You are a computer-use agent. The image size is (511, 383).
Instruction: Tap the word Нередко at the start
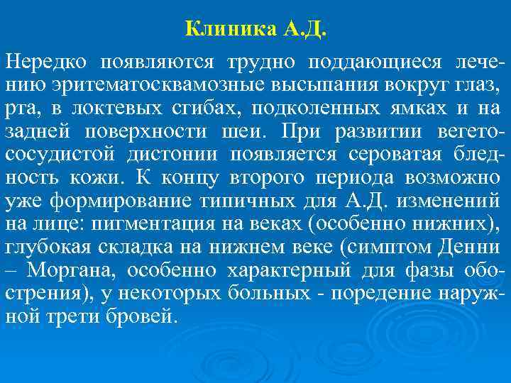coord(47,62)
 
